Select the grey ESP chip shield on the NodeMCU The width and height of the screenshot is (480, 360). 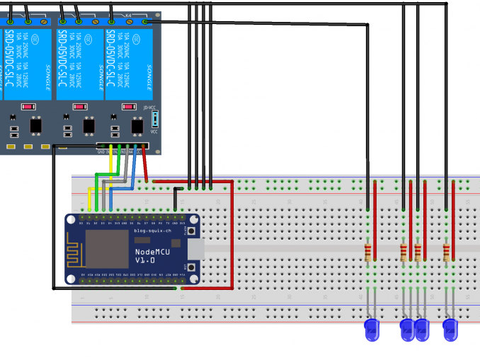(x=104, y=249)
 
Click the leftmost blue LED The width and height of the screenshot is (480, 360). (x=372, y=328)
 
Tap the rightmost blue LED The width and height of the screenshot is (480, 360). (x=450, y=328)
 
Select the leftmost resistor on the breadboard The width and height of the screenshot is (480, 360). (x=367, y=252)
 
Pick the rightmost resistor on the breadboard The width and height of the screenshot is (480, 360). (x=446, y=252)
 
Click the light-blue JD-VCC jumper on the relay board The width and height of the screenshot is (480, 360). (x=154, y=120)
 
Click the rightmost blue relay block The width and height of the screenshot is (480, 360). (x=130, y=64)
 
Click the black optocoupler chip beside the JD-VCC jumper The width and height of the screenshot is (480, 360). (x=138, y=126)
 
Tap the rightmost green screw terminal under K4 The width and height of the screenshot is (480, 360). (x=147, y=22)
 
